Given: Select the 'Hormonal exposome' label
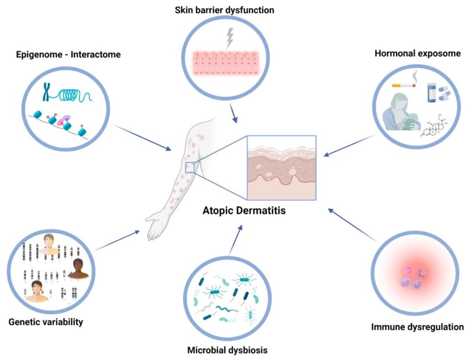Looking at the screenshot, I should pos(417,54).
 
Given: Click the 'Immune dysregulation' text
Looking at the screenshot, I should pos(417,327).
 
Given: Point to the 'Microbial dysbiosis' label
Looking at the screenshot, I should pos(227,351).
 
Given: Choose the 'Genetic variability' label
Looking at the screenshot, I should pos(46,322).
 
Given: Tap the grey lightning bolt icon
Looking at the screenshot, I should pos(227,39).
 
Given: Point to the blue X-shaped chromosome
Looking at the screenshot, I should pos(46,93).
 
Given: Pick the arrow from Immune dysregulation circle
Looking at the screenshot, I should pos(353,225).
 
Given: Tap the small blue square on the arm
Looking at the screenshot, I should pos(190,168).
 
